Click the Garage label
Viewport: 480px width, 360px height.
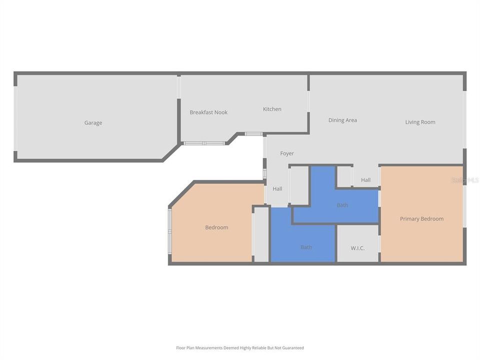pyautogui.click(x=93, y=123)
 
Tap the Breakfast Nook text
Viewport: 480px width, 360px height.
pyautogui.click(x=208, y=112)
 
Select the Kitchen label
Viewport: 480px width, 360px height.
pyautogui.click(x=272, y=109)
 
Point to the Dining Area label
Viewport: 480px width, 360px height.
pyautogui.click(x=342, y=120)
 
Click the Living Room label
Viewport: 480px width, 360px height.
pyautogui.click(x=420, y=122)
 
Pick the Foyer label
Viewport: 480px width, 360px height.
pyautogui.click(x=287, y=153)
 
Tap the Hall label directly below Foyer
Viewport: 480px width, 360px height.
pyautogui.click(x=277, y=189)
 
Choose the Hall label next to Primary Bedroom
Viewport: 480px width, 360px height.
pyautogui.click(x=366, y=180)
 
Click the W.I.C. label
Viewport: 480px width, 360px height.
pyautogui.click(x=357, y=247)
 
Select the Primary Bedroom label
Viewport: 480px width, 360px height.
pyautogui.click(x=421, y=218)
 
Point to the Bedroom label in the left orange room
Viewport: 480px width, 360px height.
pyautogui.click(x=216, y=227)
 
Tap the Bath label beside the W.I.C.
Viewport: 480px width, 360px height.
pyautogui.click(x=306, y=247)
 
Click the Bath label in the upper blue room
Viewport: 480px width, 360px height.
pyautogui.click(x=342, y=205)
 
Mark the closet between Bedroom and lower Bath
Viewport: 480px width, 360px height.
pyautogui.click(x=261, y=234)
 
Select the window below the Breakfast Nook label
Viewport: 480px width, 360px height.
pyautogui.click(x=204, y=143)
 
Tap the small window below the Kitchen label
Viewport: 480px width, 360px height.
pyautogui.click(x=253, y=134)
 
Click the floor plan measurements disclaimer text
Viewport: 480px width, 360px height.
pyautogui.click(x=240, y=347)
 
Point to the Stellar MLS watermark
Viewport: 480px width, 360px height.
pyautogui.click(x=465, y=180)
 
